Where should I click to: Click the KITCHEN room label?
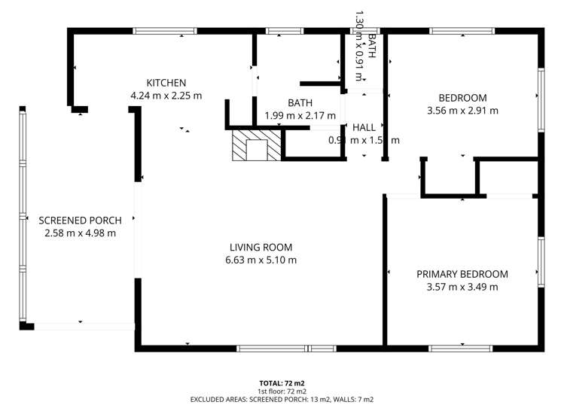click(x=166, y=83)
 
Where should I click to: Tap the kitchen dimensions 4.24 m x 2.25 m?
click(x=166, y=96)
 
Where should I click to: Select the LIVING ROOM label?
click(x=261, y=247)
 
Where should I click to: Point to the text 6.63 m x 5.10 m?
click(x=261, y=260)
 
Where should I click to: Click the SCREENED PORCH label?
click(x=80, y=221)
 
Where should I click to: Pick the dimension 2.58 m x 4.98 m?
click(x=80, y=233)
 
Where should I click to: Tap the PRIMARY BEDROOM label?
click(x=462, y=274)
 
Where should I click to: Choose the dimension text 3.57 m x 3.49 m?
click(x=462, y=287)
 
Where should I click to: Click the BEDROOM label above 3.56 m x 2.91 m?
click(x=462, y=98)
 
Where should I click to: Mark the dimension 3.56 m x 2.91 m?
click(x=462, y=111)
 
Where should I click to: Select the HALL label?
click(x=364, y=127)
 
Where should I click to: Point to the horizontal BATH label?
click(x=300, y=103)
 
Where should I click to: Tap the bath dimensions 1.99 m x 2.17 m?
click(x=300, y=116)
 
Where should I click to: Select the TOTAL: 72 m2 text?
click(x=282, y=382)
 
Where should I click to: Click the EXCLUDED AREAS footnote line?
click(x=282, y=399)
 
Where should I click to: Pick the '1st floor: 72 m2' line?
click(x=282, y=391)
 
